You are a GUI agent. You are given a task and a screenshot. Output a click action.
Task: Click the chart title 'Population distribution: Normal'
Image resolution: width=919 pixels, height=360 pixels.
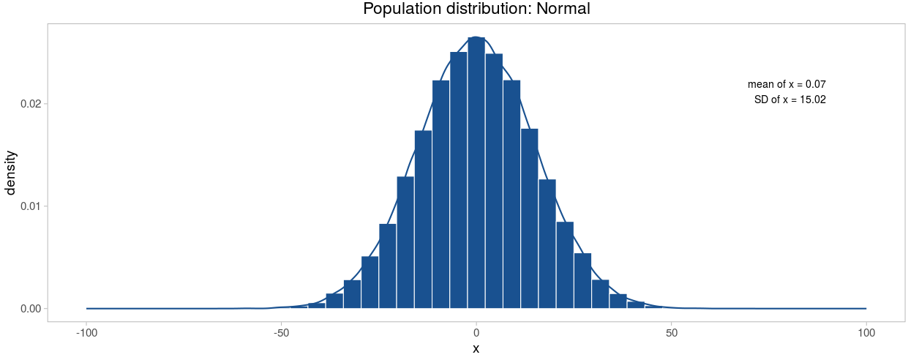tap(476, 10)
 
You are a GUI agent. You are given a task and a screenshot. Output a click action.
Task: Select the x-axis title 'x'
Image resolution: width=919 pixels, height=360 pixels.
tap(476, 349)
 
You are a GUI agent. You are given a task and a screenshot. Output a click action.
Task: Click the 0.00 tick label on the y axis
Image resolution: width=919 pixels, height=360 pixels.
tap(30, 308)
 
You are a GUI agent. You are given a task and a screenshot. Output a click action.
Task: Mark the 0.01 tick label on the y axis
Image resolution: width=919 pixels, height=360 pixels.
tap(30, 206)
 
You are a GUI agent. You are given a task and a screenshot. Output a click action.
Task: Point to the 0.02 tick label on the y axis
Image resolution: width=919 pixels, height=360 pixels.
tap(30, 104)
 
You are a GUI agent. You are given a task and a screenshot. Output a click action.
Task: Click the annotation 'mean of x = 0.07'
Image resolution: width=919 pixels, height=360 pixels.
tap(787, 85)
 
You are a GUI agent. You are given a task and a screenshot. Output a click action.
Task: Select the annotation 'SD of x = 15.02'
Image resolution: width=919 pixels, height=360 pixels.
tap(789, 100)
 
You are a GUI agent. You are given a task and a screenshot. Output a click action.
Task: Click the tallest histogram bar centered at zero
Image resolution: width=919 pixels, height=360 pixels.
tap(476, 176)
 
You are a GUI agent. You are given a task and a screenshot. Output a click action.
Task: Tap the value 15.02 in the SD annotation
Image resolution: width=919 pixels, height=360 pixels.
tap(813, 100)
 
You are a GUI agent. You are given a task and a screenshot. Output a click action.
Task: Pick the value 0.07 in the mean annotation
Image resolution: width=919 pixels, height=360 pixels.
tap(816, 85)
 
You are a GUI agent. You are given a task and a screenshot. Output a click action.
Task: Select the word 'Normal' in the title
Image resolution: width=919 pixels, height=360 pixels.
tap(563, 10)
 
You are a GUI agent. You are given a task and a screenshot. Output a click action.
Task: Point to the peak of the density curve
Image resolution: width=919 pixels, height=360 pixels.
tap(476, 37)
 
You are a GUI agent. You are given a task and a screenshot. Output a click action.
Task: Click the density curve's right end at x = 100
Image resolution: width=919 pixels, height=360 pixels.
tap(866, 308)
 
